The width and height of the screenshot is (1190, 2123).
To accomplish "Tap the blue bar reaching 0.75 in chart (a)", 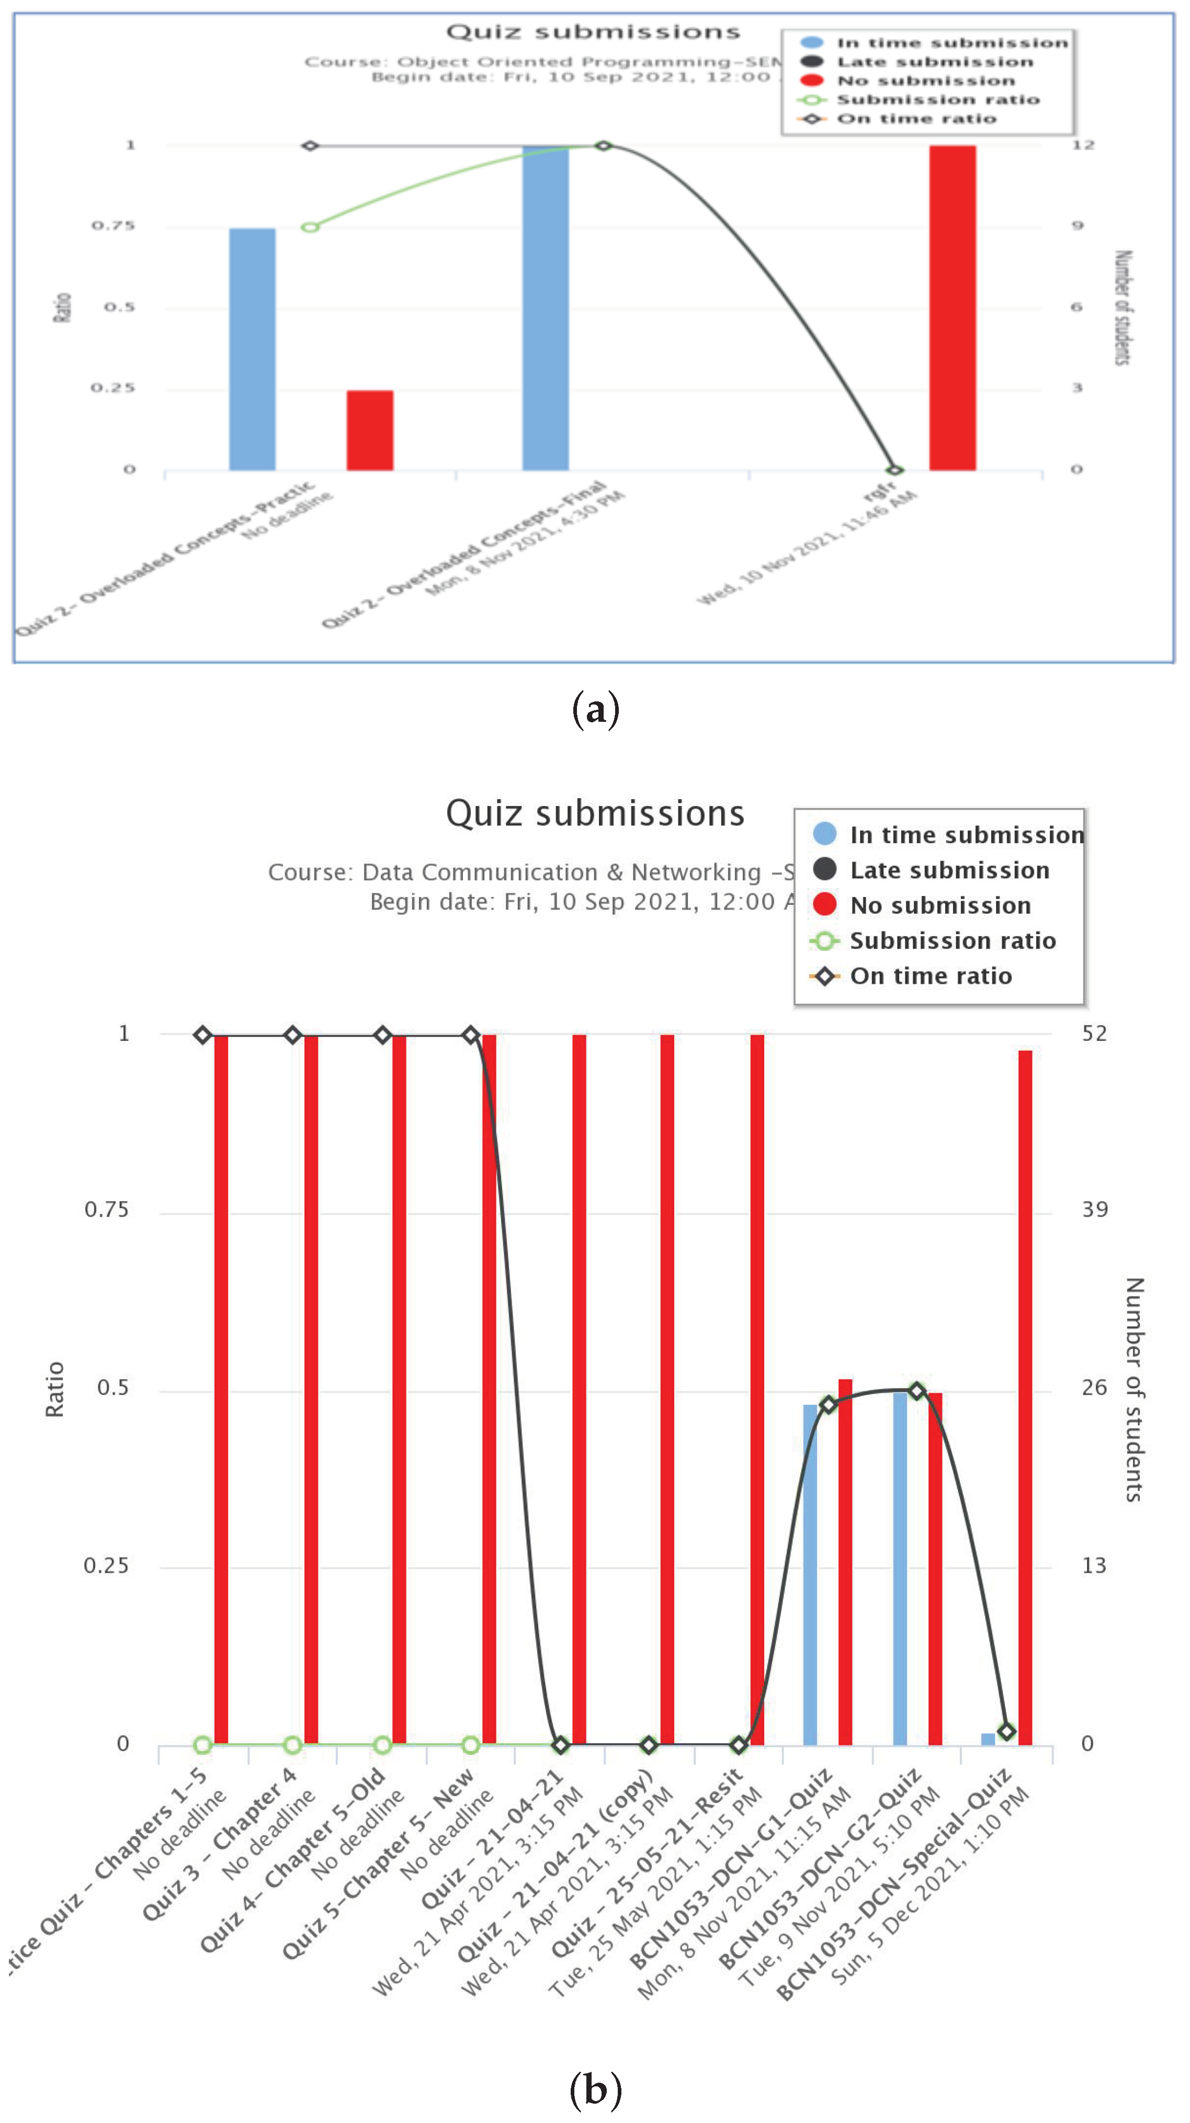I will coord(252,349).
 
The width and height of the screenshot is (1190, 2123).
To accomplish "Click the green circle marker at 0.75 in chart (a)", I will coord(310,226).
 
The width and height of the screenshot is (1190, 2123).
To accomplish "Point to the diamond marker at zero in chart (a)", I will coord(895,470).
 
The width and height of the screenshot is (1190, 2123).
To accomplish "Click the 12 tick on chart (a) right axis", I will coord(1082,145).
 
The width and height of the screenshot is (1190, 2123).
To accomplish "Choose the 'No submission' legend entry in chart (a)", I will coord(925,81).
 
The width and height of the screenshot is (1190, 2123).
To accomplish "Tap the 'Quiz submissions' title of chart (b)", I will coord(595,813).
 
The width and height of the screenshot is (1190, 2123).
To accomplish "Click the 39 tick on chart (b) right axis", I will coord(1094,1210).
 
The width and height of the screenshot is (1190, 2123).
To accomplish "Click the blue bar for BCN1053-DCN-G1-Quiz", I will coord(810,1574).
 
